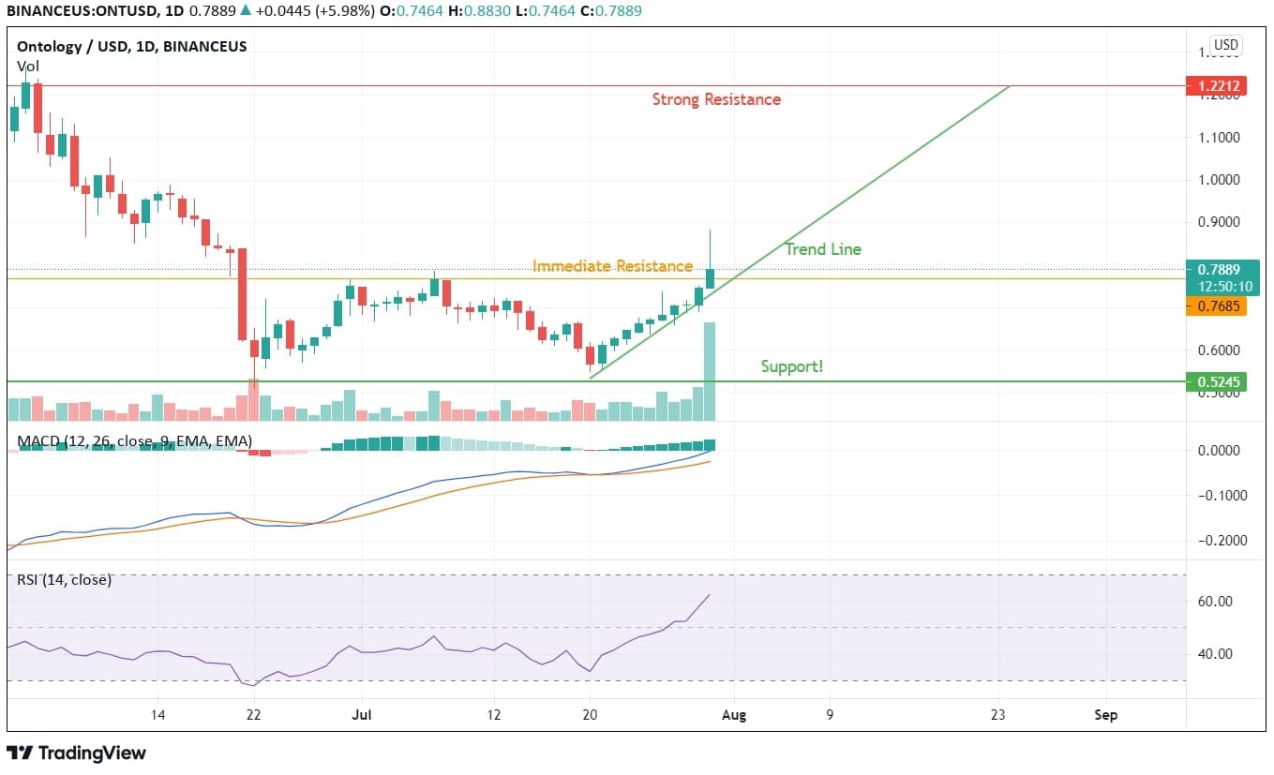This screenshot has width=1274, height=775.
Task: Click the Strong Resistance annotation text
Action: pos(716,99)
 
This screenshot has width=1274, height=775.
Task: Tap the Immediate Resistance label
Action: pos(612,266)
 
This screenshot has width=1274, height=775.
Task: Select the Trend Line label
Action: pos(822,249)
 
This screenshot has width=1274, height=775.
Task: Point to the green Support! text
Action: pos(792,366)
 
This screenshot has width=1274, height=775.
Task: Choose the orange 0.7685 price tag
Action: pos(1215,306)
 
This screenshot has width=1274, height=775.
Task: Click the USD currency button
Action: pos(1225,45)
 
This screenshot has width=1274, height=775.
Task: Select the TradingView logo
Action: pos(77,753)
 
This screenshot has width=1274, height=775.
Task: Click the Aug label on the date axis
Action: pos(734,715)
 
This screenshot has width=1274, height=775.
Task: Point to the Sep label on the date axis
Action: pos(1105,715)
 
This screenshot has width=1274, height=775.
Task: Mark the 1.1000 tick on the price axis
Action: pos(1219,137)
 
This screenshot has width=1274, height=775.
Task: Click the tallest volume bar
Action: pos(710,371)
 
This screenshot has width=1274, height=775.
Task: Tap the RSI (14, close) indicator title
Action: pos(64,580)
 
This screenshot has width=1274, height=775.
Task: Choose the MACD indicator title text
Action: pos(134,440)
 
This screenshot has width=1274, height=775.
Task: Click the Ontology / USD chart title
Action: pos(132,46)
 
